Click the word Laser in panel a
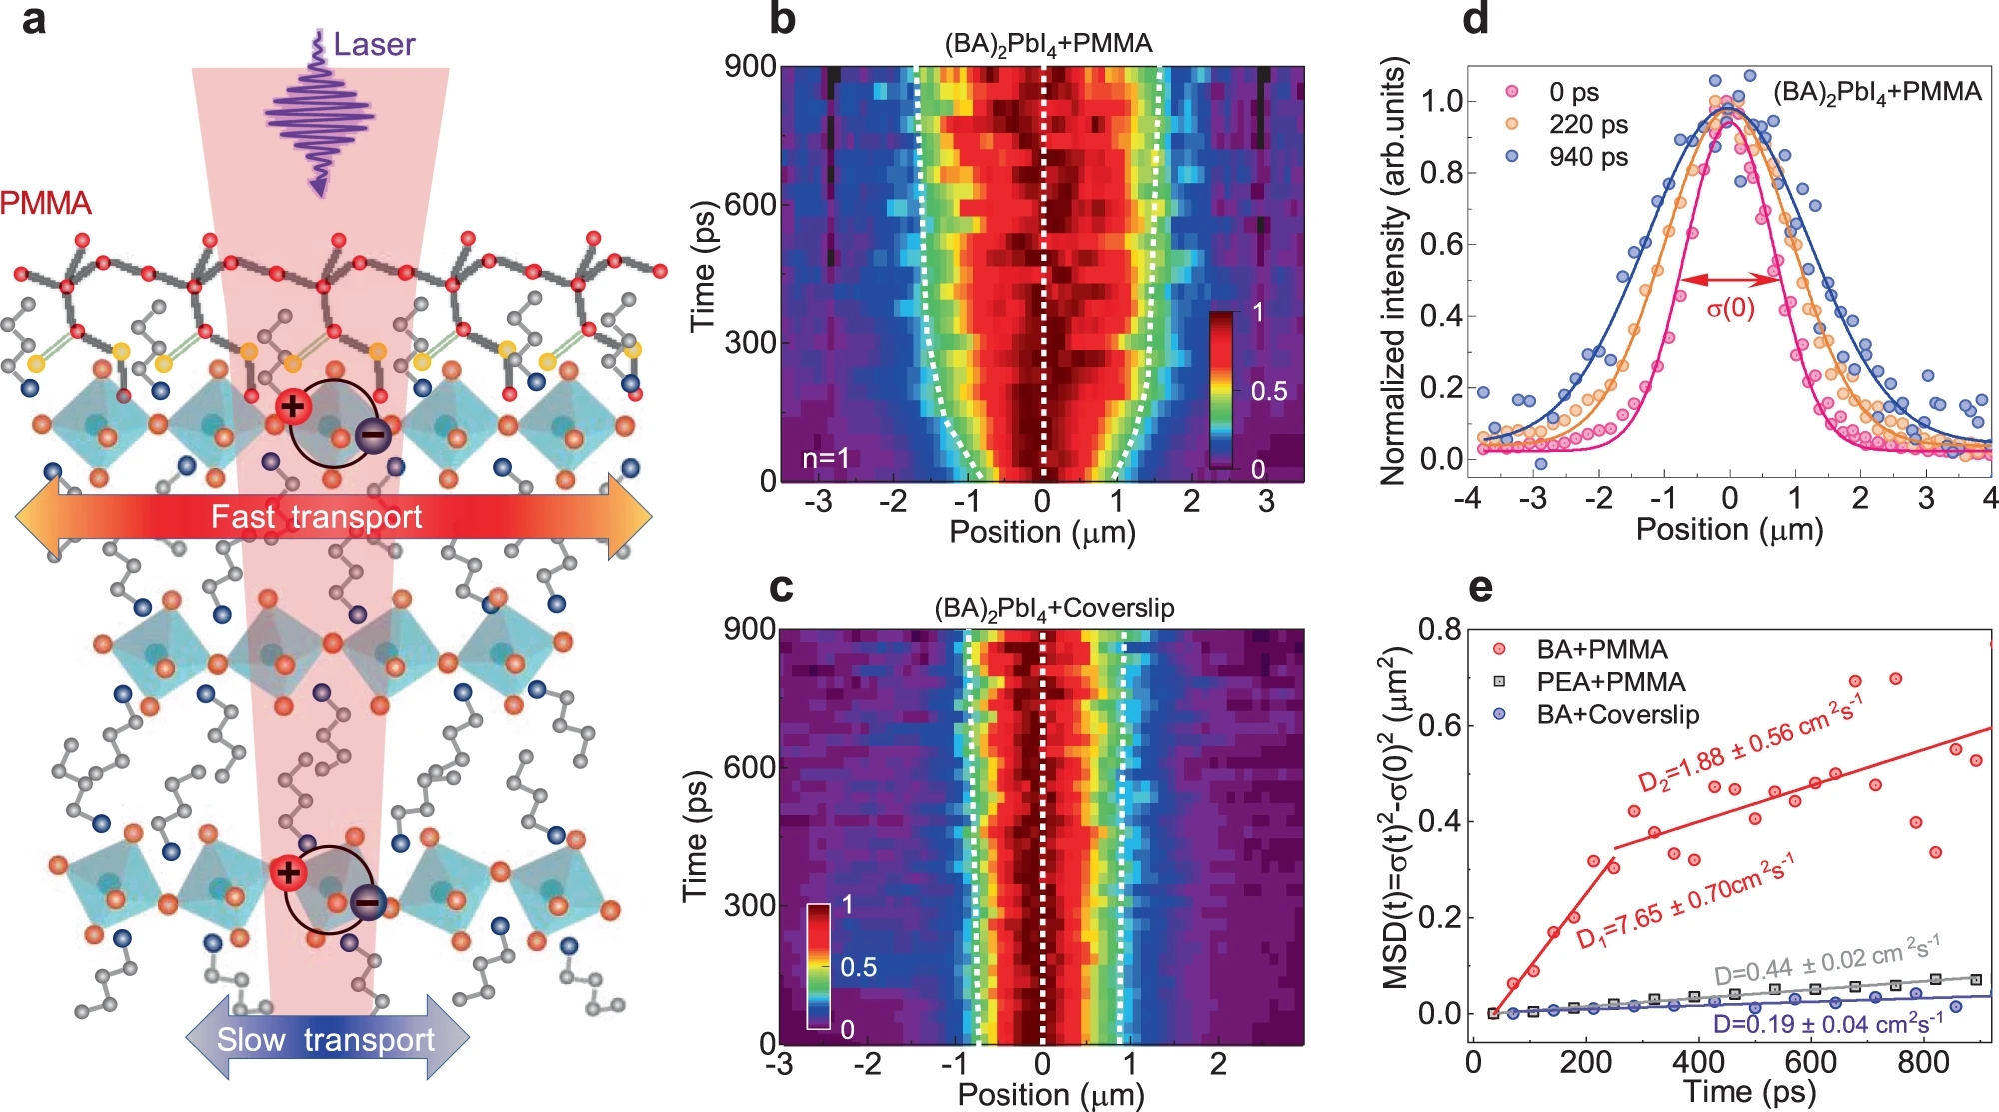(x=374, y=45)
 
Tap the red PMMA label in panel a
(x=46, y=203)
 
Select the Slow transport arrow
(x=327, y=1039)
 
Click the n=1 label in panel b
(x=826, y=458)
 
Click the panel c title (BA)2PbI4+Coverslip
(x=1053, y=609)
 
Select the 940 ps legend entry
(x=1587, y=157)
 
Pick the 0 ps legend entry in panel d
(x=1573, y=92)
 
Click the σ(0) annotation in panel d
(x=1730, y=308)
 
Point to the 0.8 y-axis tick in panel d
(x=1442, y=172)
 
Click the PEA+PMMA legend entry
(x=1610, y=682)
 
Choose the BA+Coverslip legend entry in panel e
(x=1617, y=715)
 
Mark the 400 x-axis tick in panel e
(x=1698, y=1060)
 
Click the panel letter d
(x=1475, y=20)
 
